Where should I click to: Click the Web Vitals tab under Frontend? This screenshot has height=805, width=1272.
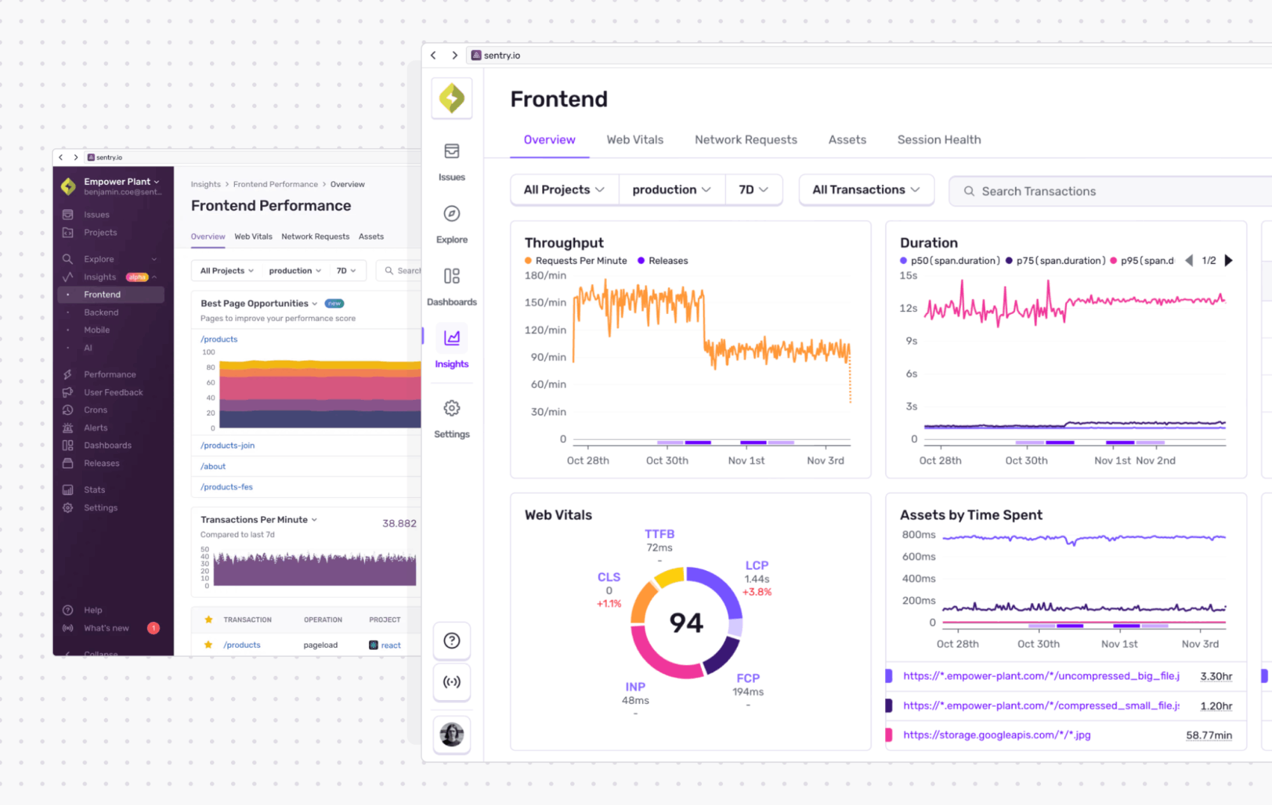click(634, 140)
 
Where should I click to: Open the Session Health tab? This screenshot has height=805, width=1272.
click(939, 140)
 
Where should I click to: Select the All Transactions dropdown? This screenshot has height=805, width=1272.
click(865, 190)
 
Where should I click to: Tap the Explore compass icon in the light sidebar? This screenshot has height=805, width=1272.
click(451, 214)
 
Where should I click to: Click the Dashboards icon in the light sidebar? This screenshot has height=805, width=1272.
click(451, 276)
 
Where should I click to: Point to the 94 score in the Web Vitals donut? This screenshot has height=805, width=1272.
click(686, 623)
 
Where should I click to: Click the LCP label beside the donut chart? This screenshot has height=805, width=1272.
click(757, 565)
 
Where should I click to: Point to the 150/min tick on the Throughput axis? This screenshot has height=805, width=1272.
click(545, 303)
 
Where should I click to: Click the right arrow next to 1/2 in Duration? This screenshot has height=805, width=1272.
click(1229, 261)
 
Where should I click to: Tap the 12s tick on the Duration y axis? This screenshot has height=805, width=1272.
click(908, 308)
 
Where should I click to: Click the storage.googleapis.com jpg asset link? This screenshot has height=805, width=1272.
click(996, 735)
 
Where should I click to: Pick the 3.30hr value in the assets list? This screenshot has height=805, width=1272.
click(1215, 677)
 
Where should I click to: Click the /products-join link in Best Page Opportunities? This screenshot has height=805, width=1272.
click(227, 446)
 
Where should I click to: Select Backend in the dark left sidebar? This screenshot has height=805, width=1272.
click(101, 313)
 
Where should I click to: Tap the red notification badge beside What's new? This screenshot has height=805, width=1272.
click(153, 628)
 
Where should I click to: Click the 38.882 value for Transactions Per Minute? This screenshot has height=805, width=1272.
click(399, 523)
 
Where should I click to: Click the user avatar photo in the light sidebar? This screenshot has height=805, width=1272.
click(452, 734)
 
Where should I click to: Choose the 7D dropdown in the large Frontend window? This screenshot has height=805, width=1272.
click(753, 190)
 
